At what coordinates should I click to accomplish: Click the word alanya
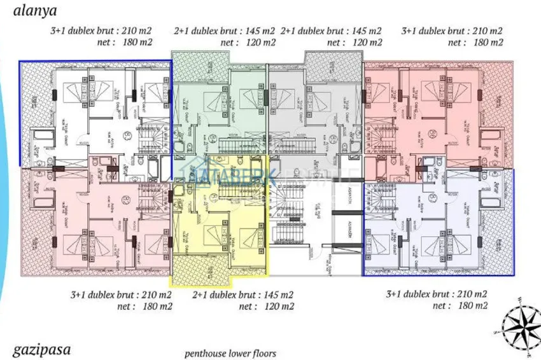[31, 10]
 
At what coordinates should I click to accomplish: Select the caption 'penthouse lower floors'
[230, 353]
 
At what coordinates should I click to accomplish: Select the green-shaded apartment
[220, 108]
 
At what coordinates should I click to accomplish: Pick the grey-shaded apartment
[315, 108]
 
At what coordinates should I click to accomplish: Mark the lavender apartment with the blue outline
[439, 226]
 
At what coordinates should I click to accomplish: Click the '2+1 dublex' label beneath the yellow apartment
[242, 295]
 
